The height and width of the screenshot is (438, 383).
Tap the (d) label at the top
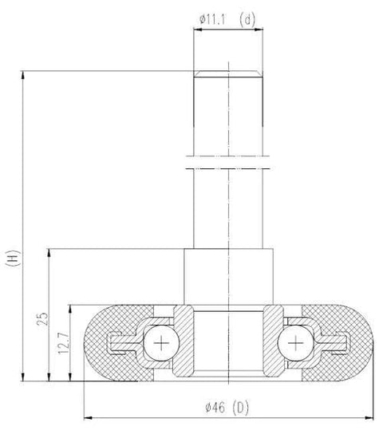point(248,20)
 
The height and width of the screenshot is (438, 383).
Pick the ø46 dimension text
point(215,408)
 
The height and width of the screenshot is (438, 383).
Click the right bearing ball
point(297,343)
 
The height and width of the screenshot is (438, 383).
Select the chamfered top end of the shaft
point(230,74)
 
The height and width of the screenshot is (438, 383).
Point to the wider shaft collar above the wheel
point(230,276)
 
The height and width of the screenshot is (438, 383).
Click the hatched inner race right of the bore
point(274,343)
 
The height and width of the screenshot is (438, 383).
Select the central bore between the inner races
point(230,343)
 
